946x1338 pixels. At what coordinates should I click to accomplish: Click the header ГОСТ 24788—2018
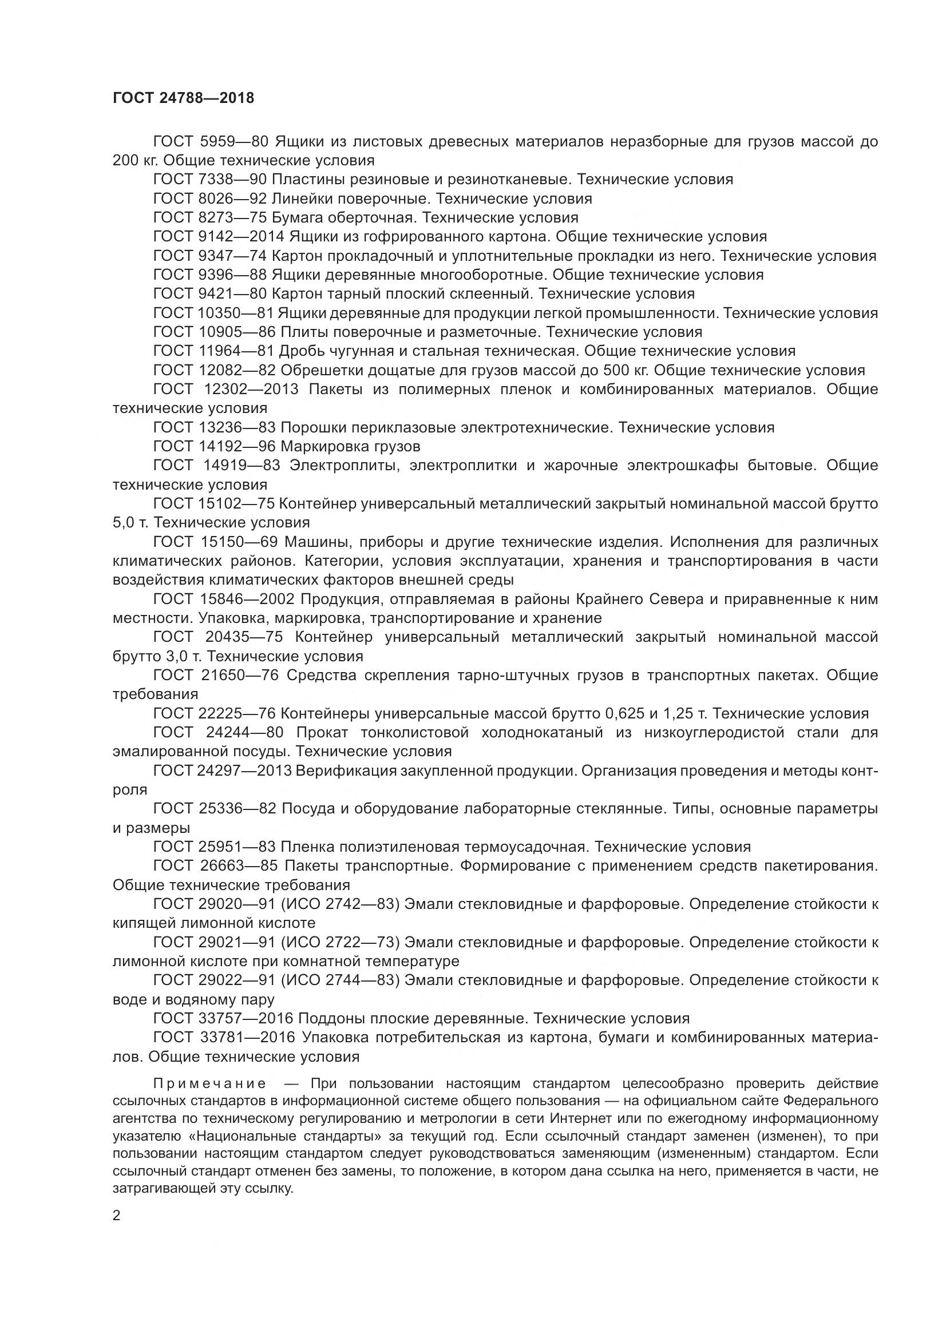[x=183, y=98]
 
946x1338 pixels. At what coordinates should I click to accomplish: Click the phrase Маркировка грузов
[x=350, y=447]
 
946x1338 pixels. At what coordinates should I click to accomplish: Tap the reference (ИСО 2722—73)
[x=340, y=942]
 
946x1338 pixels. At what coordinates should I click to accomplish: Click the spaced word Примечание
[x=210, y=1084]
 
